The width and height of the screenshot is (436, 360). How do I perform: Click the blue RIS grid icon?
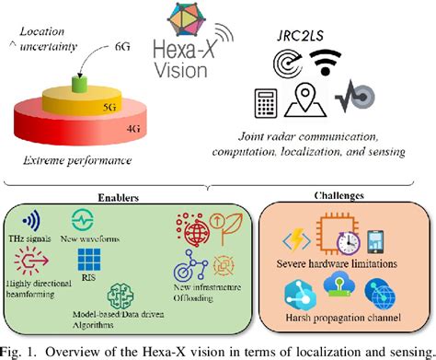pyautogui.click(x=90, y=260)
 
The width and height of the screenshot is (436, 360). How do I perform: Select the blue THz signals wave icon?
pyautogui.click(x=31, y=223)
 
